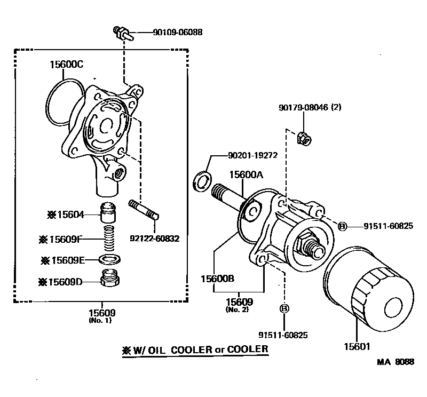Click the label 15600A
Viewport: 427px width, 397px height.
pos(247,174)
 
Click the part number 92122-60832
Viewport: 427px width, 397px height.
pos(154,238)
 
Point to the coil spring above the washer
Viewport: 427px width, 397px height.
pos(109,239)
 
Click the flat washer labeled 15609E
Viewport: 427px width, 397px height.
pos(110,260)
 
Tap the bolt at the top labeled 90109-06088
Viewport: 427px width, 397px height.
pos(120,34)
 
